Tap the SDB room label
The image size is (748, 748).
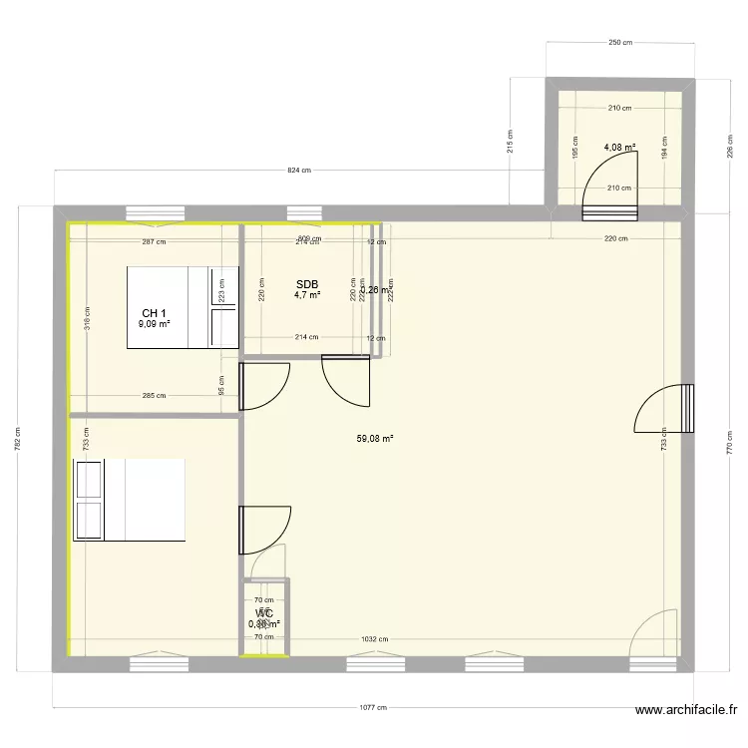tap(306, 283)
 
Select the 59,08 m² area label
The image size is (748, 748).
tap(375, 438)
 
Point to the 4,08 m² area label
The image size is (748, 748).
tap(619, 148)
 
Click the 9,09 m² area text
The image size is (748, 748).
tap(155, 324)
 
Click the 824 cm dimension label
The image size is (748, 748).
tap(299, 171)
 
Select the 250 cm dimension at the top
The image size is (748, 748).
tap(620, 42)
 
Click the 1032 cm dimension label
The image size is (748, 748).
tap(375, 639)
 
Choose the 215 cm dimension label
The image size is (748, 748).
tap(510, 142)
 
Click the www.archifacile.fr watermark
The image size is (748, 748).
tap(686, 711)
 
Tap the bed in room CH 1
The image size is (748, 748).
tap(170, 307)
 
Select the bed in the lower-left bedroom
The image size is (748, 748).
tap(130, 500)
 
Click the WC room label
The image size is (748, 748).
tap(264, 613)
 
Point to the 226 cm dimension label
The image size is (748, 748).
tap(731, 148)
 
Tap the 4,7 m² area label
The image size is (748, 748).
tap(306, 295)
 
